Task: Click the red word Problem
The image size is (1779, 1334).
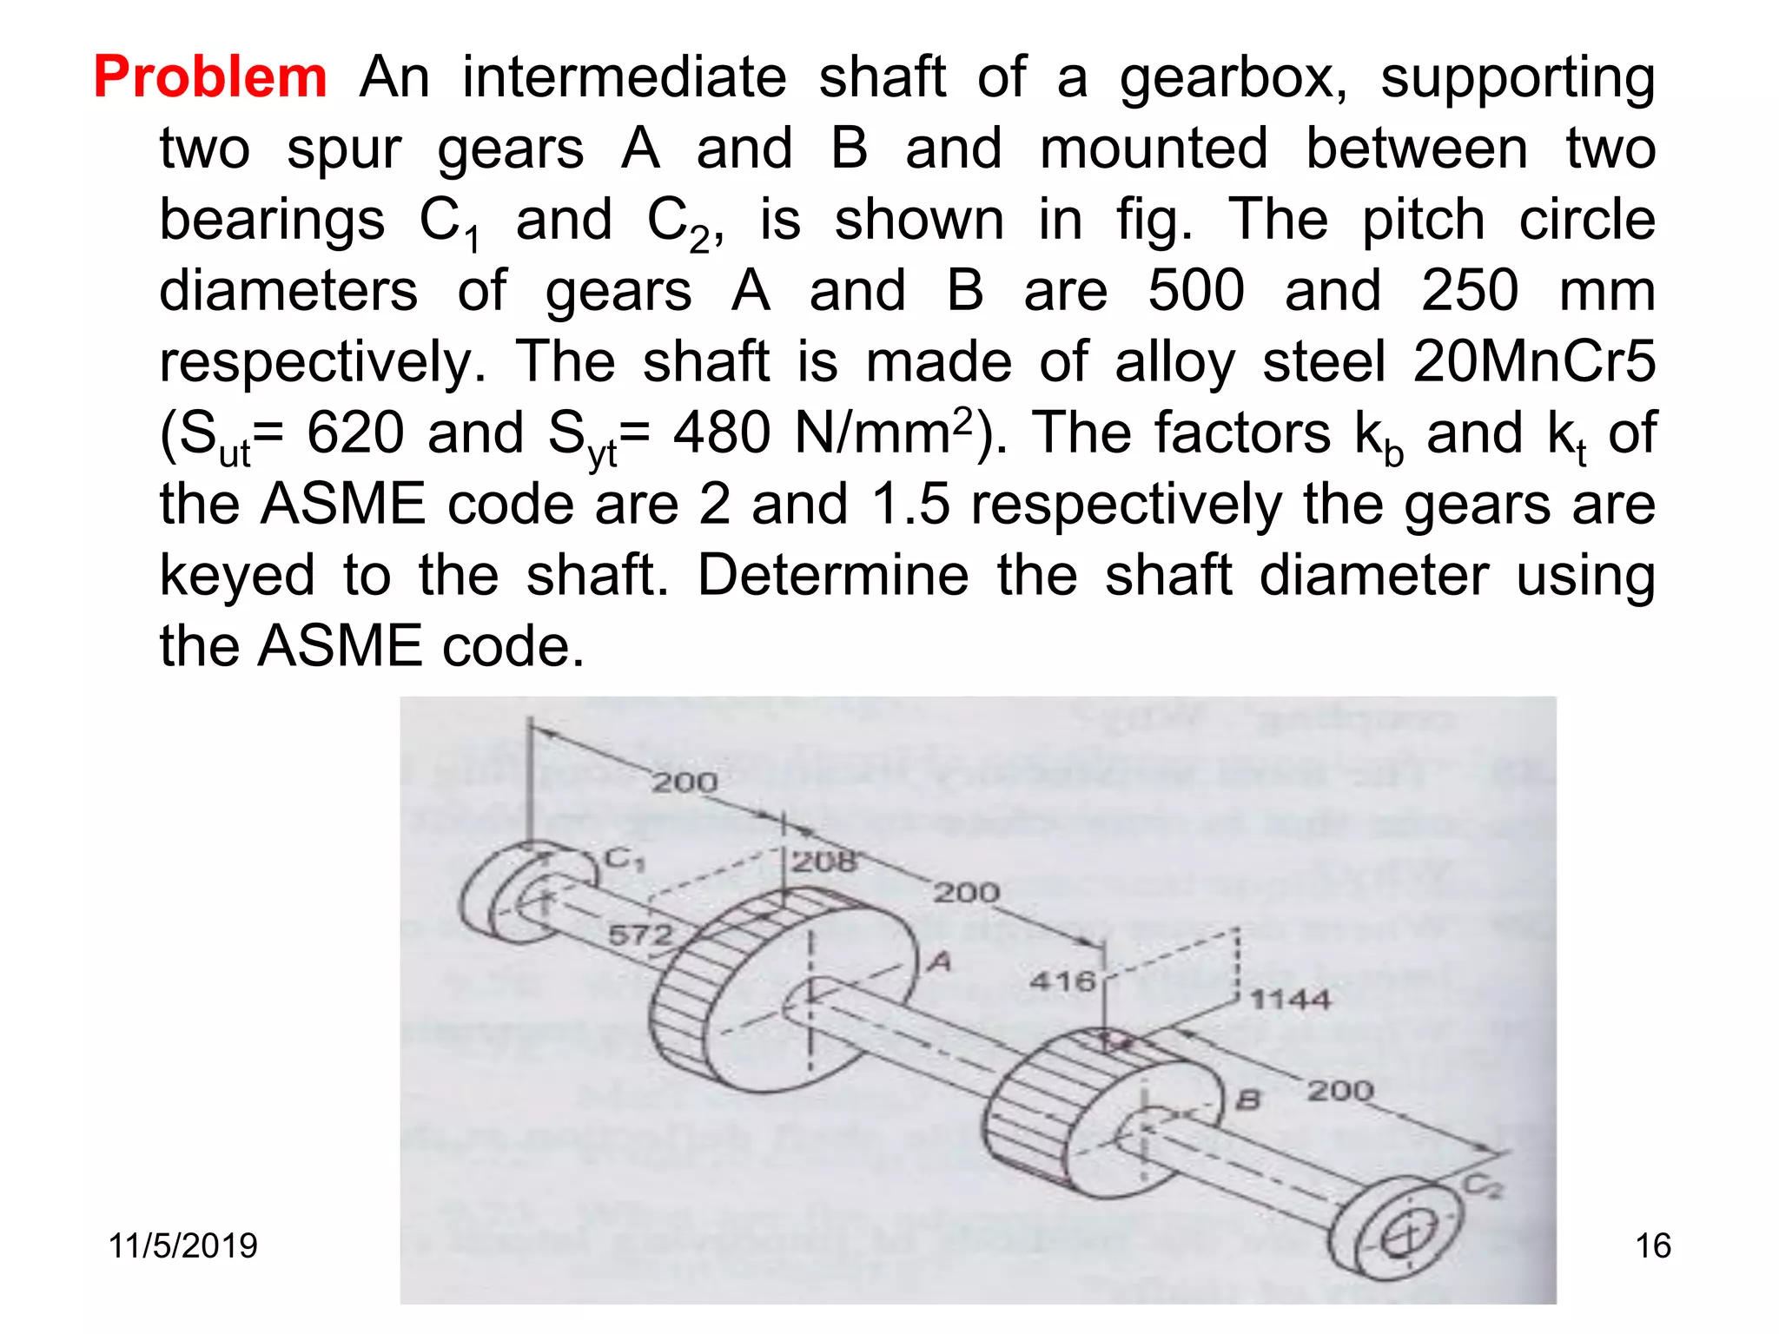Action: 210,77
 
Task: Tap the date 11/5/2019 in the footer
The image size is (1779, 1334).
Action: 182,1245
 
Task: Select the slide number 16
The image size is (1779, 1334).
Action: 1652,1245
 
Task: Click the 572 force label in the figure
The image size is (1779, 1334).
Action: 640,934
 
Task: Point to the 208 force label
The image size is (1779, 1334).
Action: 823,862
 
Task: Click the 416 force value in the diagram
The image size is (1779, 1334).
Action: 1061,981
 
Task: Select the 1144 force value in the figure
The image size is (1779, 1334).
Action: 1290,1000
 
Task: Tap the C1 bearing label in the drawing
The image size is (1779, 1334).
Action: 625,860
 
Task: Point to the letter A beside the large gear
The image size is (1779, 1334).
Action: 940,961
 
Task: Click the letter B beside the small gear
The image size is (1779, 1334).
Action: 1247,1100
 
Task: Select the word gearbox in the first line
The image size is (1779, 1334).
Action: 1233,79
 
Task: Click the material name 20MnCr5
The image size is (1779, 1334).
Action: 1534,362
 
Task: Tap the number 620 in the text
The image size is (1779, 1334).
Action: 355,433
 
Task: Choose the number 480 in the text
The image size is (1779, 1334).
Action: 722,433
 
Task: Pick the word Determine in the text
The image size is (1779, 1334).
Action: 832,576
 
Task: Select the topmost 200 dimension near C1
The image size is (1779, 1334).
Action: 684,782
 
